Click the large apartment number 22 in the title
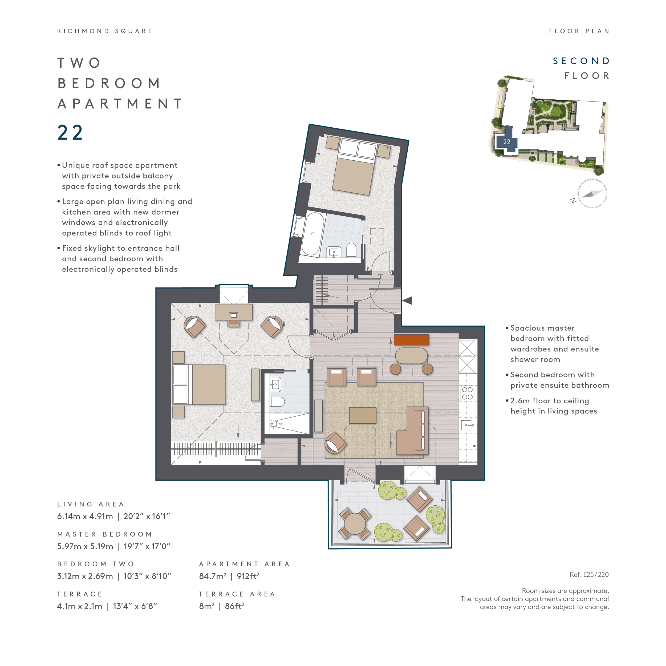[x=70, y=132]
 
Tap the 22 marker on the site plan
[x=506, y=142]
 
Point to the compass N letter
[x=573, y=200]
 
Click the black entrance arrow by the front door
[x=407, y=300]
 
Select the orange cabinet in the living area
[x=411, y=340]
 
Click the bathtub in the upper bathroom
[x=313, y=234]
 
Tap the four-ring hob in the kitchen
[x=468, y=393]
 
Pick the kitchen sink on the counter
[x=467, y=425]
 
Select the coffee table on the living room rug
[x=362, y=415]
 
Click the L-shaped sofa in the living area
[x=414, y=431]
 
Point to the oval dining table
[x=411, y=356]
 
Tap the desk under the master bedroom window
[x=233, y=312]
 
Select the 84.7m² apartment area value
[x=213, y=576]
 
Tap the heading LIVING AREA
[x=90, y=504]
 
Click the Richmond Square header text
[x=105, y=31]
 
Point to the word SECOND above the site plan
[x=581, y=61]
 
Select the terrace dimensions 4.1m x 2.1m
[x=80, y=606]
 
